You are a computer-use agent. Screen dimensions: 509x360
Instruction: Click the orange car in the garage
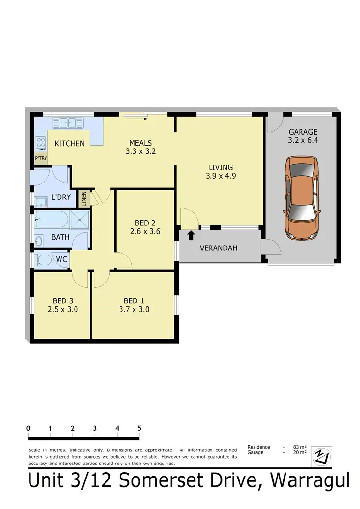pos(302,198)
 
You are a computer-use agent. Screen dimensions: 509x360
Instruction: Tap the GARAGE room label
pos(303,132)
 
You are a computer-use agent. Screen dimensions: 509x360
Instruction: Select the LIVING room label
pos(221,167)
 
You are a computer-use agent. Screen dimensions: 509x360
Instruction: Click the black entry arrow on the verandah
pos(191,235)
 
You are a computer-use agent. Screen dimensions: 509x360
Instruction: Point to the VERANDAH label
pos(219,248)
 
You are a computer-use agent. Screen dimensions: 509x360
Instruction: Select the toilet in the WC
pos(44,260)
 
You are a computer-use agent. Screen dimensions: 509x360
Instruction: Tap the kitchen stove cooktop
pos(41,143)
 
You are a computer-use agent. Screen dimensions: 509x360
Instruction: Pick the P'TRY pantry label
pos(41,158)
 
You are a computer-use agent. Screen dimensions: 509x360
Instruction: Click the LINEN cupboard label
pos(84,199)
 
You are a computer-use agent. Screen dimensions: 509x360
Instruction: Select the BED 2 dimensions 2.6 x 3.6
pos(145,232)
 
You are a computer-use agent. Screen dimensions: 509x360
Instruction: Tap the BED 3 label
pos(63,300)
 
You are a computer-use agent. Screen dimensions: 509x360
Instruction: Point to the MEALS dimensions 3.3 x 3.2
pos(140,151)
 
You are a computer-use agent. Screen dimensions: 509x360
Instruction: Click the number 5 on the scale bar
pos(139,428)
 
